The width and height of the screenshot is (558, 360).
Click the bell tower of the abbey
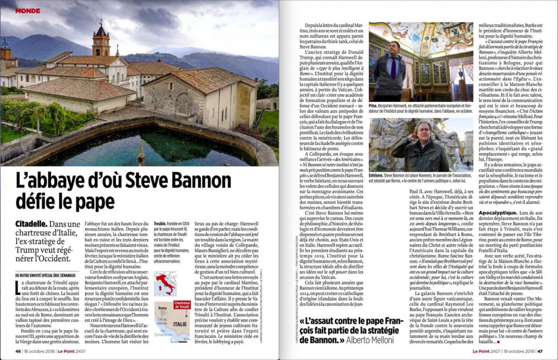tap(101, 41)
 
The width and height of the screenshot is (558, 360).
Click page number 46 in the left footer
tap(18, 351)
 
